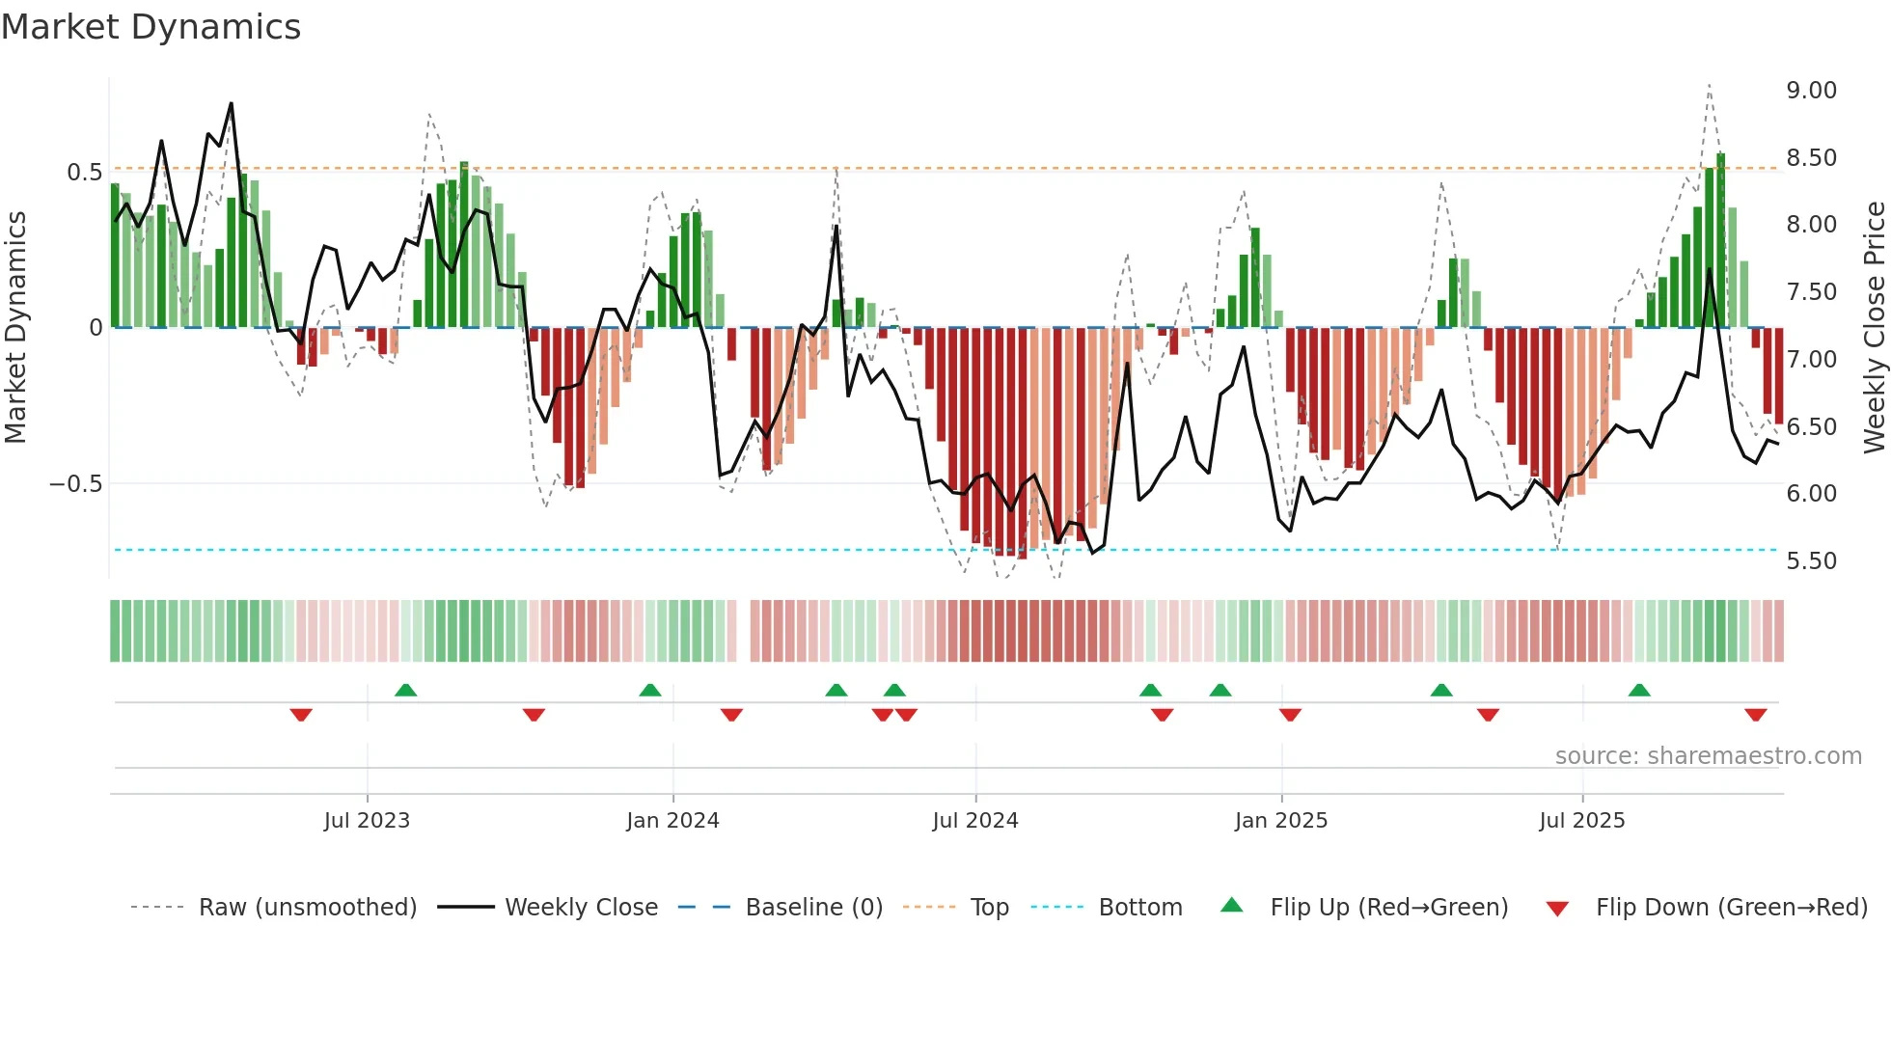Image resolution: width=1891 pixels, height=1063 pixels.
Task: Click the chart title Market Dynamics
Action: point(151,27)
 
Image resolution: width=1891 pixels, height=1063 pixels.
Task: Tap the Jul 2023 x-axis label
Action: point(367,821)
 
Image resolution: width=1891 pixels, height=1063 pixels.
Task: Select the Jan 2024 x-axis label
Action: point(672,821)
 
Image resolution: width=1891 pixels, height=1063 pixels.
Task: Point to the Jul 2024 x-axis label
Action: point(975,821)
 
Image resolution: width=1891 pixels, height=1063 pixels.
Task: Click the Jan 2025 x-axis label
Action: point(1281,821)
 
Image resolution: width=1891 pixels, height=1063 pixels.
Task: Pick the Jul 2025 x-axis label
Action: point(1582,821)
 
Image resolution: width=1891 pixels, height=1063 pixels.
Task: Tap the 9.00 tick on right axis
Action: point(1811,91)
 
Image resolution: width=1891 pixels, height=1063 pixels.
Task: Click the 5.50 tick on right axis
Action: point(1811,561)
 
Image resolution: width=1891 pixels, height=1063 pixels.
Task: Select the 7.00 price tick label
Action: point(1811,360)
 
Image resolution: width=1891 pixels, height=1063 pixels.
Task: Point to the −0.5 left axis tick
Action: point(76,484)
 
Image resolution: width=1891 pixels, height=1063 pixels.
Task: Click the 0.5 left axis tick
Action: point(84,173)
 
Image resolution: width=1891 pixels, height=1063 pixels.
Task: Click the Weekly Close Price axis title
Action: point(1874,328)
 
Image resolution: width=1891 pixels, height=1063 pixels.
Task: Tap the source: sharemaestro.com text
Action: point(1708,756)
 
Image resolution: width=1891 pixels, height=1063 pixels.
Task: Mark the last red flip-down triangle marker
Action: point(1755,715)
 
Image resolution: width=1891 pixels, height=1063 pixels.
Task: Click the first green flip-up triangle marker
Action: point(405,690)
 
